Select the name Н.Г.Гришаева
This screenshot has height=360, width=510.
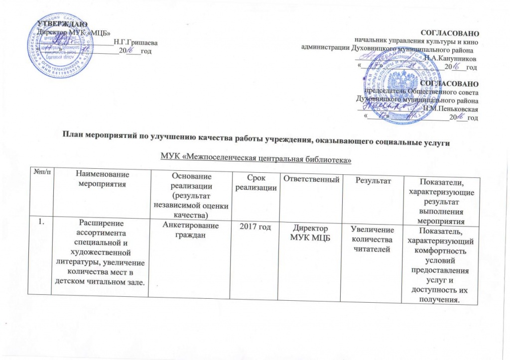[x=132, y=42]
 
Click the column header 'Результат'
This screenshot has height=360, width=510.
[x=372, y=178]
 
